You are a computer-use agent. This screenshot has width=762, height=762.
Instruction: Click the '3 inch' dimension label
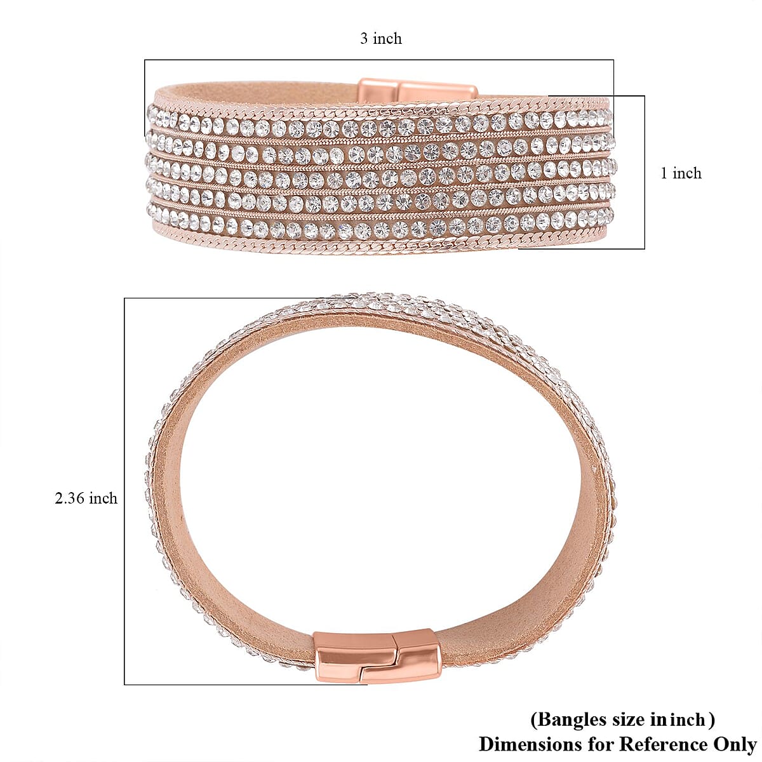(x=381, y=39)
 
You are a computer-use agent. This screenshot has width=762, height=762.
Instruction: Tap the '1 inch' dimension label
(x=681, y=173)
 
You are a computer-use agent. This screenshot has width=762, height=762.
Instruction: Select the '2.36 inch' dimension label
(x=86, y=498)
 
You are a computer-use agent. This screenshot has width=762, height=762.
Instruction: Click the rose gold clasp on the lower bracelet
(x=377, y=655)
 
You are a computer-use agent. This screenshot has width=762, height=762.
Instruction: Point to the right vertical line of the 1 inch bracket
(x=645, y=172)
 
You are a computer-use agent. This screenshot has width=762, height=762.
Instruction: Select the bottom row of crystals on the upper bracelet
(x=381, y=227)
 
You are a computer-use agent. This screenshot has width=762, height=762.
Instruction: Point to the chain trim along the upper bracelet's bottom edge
(x=381, y=246)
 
